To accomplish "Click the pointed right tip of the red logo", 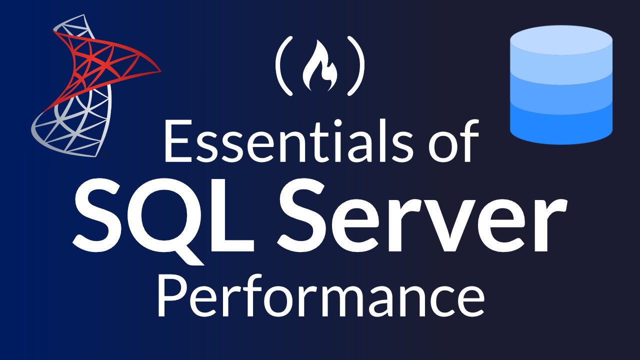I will pos(159,70).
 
